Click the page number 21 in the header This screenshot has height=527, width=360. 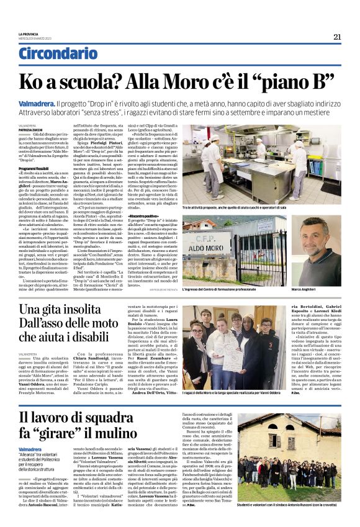pyautogui.click(x=337, y=37)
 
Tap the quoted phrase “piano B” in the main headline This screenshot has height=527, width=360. pyautogui.click(x=290, y=81)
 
